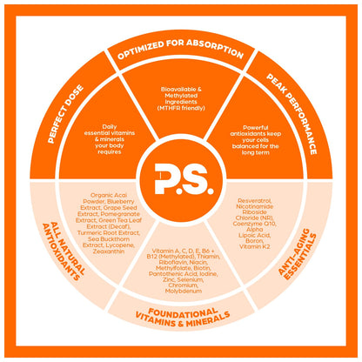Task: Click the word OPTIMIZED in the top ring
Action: tap(140, 50)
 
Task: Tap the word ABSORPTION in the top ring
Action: tap(215, 48)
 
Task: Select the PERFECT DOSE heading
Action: tap(65, 114)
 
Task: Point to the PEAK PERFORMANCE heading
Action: tap(292, 114)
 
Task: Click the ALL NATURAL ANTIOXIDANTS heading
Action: tap(64, 251)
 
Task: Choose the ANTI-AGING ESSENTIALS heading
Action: tap(298, 254)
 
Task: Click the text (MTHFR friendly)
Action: tap(181, 108)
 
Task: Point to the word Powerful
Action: tap(256, 127)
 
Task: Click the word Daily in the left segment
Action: tap(110, 126)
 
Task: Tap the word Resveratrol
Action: tap(254, 200)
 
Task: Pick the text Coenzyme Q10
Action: tap(254, 224)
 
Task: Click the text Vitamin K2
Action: tap(254, 246)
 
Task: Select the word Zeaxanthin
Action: tap(109, 251)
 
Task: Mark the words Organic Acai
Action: tap(109, 195)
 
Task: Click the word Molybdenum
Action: tap(184, 291)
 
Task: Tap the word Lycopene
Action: tap(119, 245)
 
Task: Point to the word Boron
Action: tap(254, 241)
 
